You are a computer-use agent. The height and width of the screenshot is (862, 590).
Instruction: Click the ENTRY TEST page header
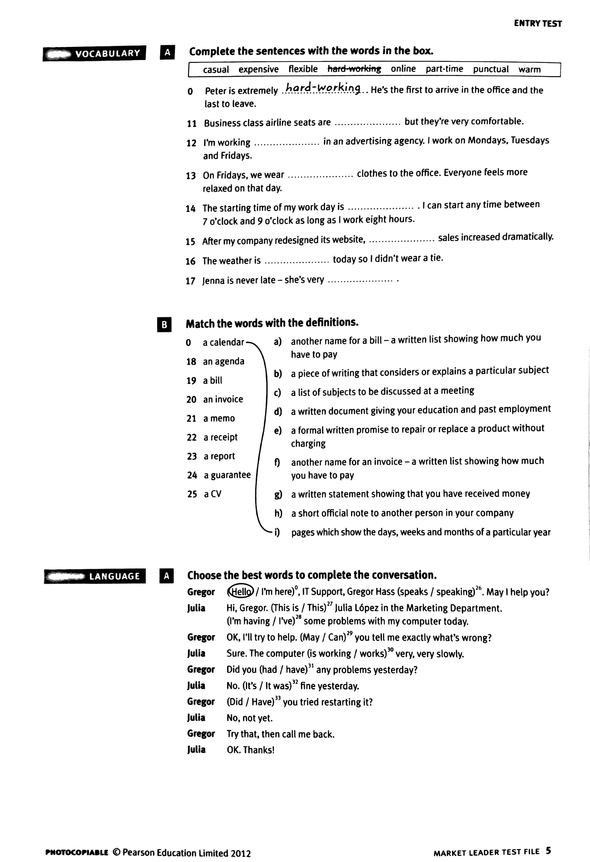pyautogui.click(x=537, y=23)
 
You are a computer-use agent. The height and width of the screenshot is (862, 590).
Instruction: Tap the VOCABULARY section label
pyautogui.click(x=107, y=53)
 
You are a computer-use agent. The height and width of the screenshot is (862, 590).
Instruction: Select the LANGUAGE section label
pyautogui.click(x=114, y=576)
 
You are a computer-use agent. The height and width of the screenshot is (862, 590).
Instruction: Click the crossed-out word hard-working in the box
pyautogui.click(x=354, y=69)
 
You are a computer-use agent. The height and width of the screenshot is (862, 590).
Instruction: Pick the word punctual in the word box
pyautogui.click(x=490, y=69)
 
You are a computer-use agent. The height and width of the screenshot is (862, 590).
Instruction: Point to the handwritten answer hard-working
pyautogui.click(x=322, y=88)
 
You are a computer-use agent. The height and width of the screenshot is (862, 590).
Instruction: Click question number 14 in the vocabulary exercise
pyautogui.click(x=190, y=208)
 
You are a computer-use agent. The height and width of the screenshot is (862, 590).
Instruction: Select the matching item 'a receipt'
pyautogui.click(x=220, y=437)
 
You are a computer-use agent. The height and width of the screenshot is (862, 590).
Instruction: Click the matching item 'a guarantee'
pyautogui.click(x=227, y=475)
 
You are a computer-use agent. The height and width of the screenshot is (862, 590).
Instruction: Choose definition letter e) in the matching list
pyautogui.click(x=278, y=431)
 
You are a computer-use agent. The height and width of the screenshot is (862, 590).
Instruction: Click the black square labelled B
pyautogui.click(x=164, y=325)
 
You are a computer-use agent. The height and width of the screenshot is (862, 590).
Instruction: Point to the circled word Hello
pyautogui.click(x=241, y=591)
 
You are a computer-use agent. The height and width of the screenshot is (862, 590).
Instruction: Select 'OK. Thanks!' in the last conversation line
pyautogui.click(x=251, y=750)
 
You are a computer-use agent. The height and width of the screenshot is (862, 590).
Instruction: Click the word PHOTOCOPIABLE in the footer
pyautogui.click(x=77, y=852)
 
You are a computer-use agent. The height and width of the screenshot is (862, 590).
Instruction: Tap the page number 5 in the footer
pyautogui.click(x=548, y=850)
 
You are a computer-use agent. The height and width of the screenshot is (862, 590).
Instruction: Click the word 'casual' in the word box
pyautogui.click(x=216, y=70)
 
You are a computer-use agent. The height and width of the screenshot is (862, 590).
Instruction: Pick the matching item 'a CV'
pyautogui.click(x=212, y=494)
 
